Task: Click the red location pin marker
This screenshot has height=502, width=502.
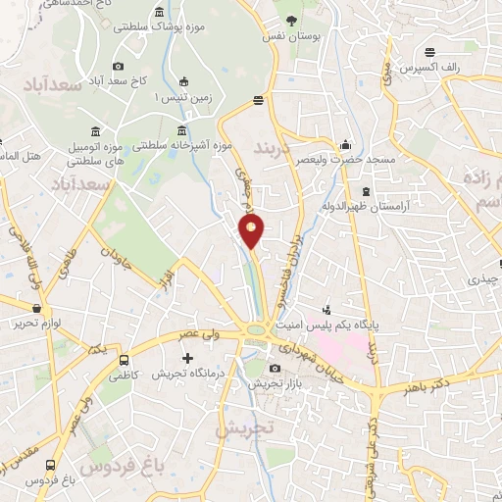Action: (252, 231)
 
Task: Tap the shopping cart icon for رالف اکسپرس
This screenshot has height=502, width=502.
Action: (430, 53)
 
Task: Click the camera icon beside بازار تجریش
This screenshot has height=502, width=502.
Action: (275, 369)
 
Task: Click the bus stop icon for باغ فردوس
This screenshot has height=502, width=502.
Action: (51, 467)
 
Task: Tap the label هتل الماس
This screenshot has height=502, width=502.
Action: (20, 156)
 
